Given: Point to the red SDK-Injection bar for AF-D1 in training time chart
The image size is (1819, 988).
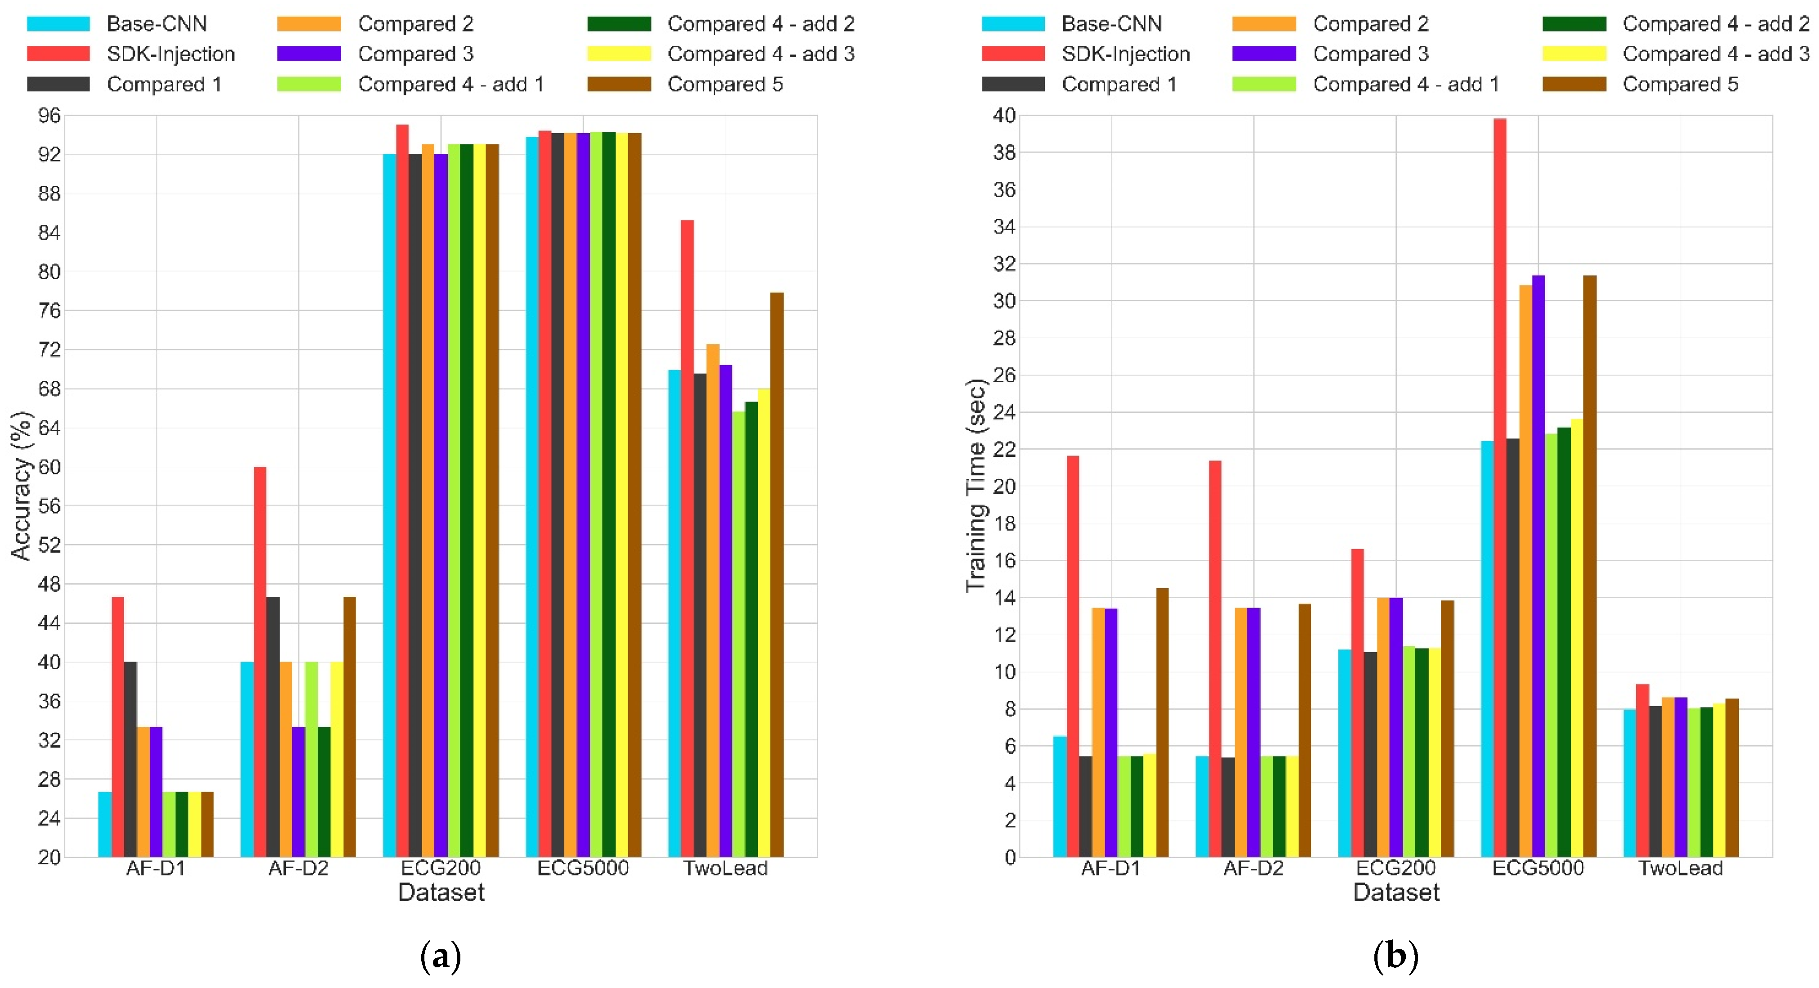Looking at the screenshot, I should [x=1073, y=656].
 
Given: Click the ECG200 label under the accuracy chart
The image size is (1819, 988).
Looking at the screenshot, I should [x=441, y=868].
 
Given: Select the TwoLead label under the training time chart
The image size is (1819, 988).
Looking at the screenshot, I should [x=1680, y=868].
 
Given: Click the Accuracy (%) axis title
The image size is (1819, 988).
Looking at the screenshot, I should [x=21, y=486].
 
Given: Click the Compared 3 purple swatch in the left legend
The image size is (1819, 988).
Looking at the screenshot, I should [x=308, y=54].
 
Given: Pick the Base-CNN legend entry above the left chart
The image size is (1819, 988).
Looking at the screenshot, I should [x=156, y=23].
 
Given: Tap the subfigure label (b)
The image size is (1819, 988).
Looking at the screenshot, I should [x=1395, y=957].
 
